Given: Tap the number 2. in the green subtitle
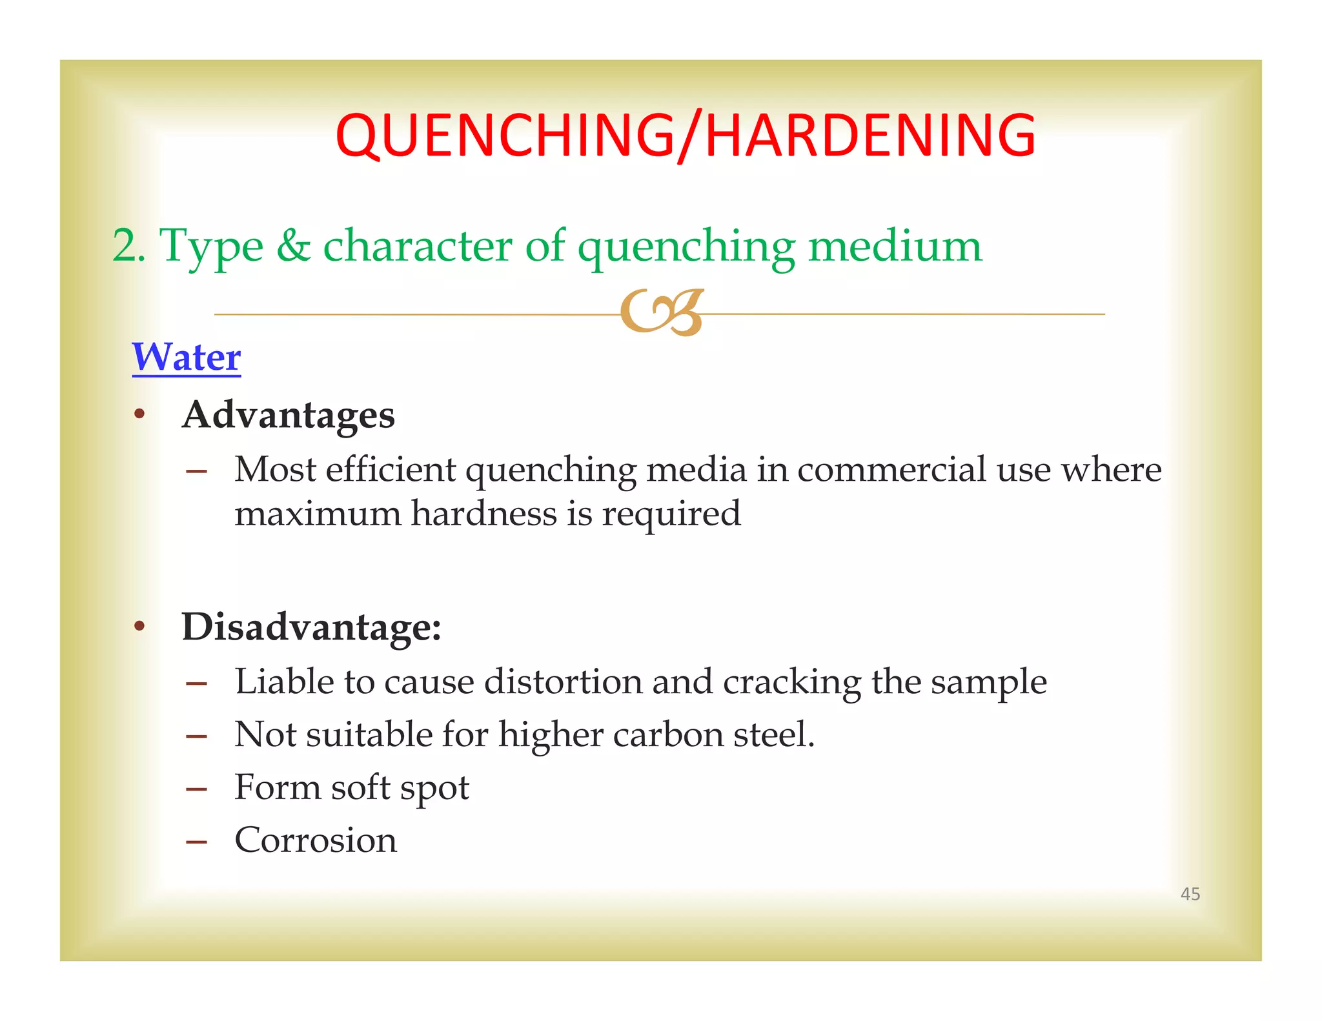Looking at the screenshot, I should point(128,246).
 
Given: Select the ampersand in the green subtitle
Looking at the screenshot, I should point(294,246).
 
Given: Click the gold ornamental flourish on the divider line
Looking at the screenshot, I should point(661,313).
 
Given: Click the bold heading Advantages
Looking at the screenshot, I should point(288,414).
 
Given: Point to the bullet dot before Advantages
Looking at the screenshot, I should point(139,414).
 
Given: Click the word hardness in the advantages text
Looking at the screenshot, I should point(483,514).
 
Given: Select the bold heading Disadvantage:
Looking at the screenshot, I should point(311,627).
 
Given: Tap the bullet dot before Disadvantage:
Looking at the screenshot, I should point(139,626).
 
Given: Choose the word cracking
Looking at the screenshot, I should point(791,683).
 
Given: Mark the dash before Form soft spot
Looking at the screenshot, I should point(196,789).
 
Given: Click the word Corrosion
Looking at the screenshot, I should point(316,840).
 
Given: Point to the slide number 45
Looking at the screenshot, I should point(1190,894).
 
